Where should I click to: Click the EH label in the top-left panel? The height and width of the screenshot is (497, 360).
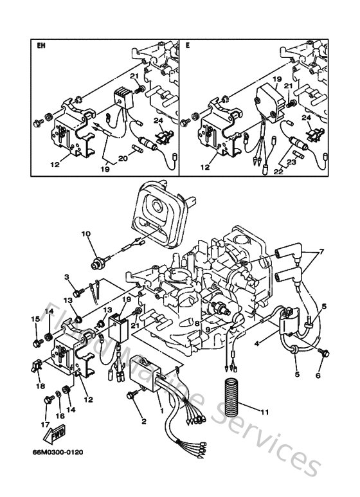[42, 46]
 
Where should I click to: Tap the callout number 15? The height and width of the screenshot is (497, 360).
[36, 319]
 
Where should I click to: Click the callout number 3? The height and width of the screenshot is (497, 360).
[66, 277]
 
